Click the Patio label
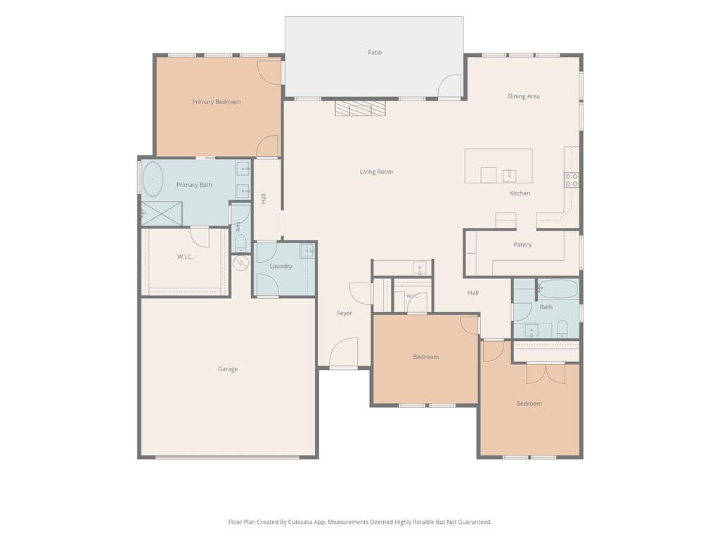click(x=375, y=52)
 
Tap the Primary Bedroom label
click(x=217, y=102)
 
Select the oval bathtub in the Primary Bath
click(x=153, y=179)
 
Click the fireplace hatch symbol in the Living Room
click(x=360, y=109)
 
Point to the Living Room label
click(x=376, y=172)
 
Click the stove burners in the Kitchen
click(x=572, y=180)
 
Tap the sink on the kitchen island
click(x=509, y=175)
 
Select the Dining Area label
click(x=523, y=96)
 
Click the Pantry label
click(x=522, y=245)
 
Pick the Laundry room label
click(x=281, y=266)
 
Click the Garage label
click(x=228, y=369)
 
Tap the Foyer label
click(x=345, y=313)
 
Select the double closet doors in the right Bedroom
click(x=546, y=373)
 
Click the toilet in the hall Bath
click(x=562, y=328)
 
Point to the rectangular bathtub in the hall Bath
click(x=558, y=289)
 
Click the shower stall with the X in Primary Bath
click(x=162, y=214)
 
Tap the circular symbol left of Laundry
click(x=240, y=263)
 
